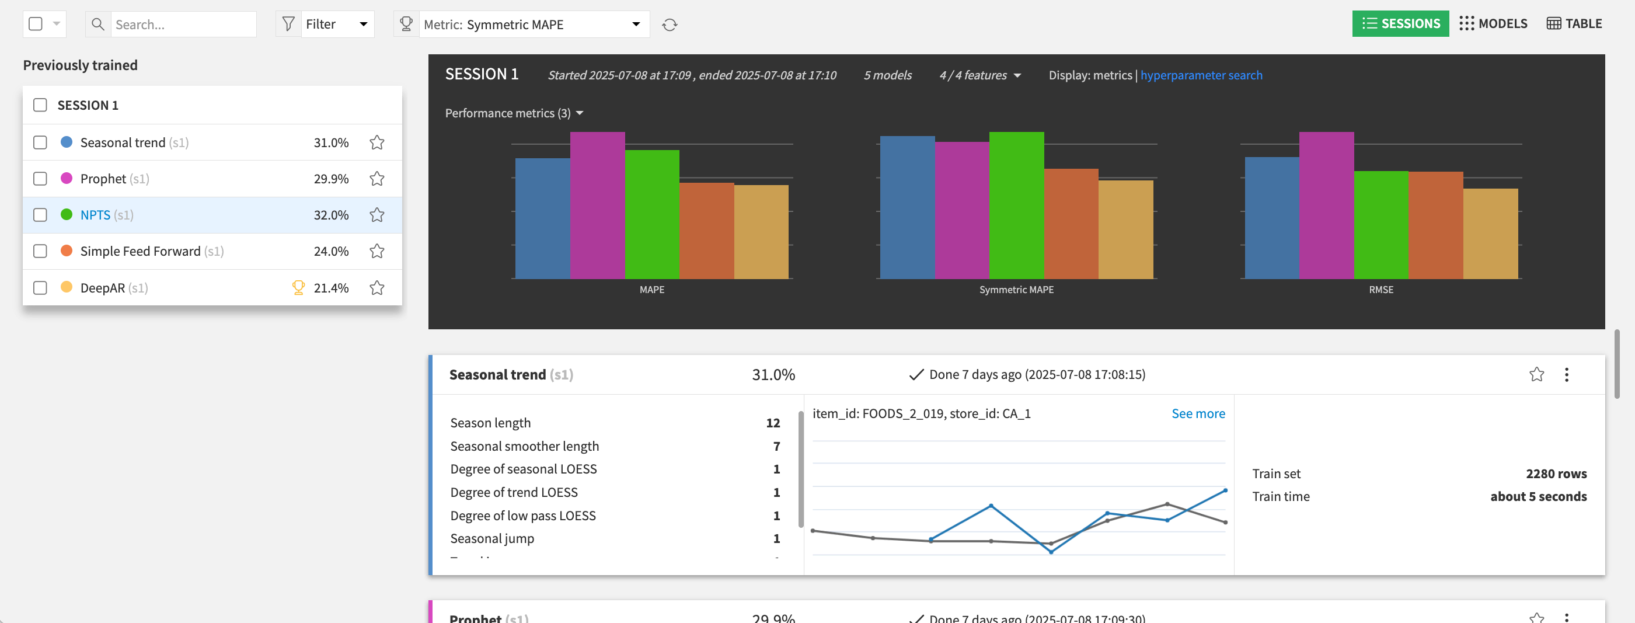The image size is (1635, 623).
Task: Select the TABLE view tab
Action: point(1574,23)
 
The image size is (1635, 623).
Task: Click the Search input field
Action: point(183,24)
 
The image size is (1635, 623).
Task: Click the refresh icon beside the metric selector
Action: point(670,25)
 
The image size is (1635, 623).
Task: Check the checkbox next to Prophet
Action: point(40,179)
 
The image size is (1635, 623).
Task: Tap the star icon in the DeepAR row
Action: point(377,288)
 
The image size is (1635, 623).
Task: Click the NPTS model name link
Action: point(95,215)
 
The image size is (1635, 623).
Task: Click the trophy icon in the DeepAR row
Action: point(298,287)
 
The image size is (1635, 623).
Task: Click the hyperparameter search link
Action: point(1201,75)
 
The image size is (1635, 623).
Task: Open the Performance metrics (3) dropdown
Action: point(514,113)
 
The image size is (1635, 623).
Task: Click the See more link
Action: point(1198,413)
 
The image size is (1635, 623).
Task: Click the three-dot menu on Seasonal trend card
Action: point(1566,375)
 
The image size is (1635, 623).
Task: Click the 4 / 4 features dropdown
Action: point(979,75)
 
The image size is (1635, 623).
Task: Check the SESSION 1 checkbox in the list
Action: point(40,105)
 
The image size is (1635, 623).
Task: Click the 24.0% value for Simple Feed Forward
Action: point(331,251)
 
